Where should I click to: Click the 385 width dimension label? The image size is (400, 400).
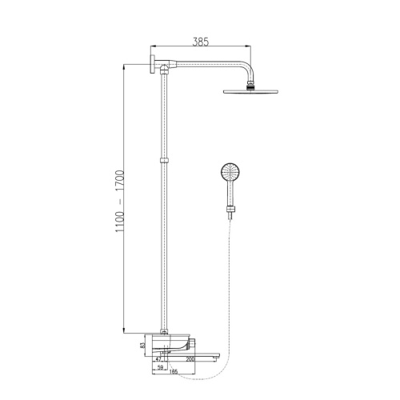pyautogui.click(x=201, y=42)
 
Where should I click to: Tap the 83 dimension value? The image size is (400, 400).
pyautogui.click(x=142, y=345)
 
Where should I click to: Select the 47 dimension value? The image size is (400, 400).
pyautogui.click(x=158, y=359)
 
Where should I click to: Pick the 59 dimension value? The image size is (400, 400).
pyautogui.click(x=160, y=367)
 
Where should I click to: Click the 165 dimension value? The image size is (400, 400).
pyautogui.click(x=174, y=371)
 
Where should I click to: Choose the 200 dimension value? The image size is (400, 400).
pyautogui.click(x=190, y=359)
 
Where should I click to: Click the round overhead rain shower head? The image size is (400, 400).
pyautogui.click(x=250, y=91)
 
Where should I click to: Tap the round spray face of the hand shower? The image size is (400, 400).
pyautogui.click(x=230, y=172)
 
